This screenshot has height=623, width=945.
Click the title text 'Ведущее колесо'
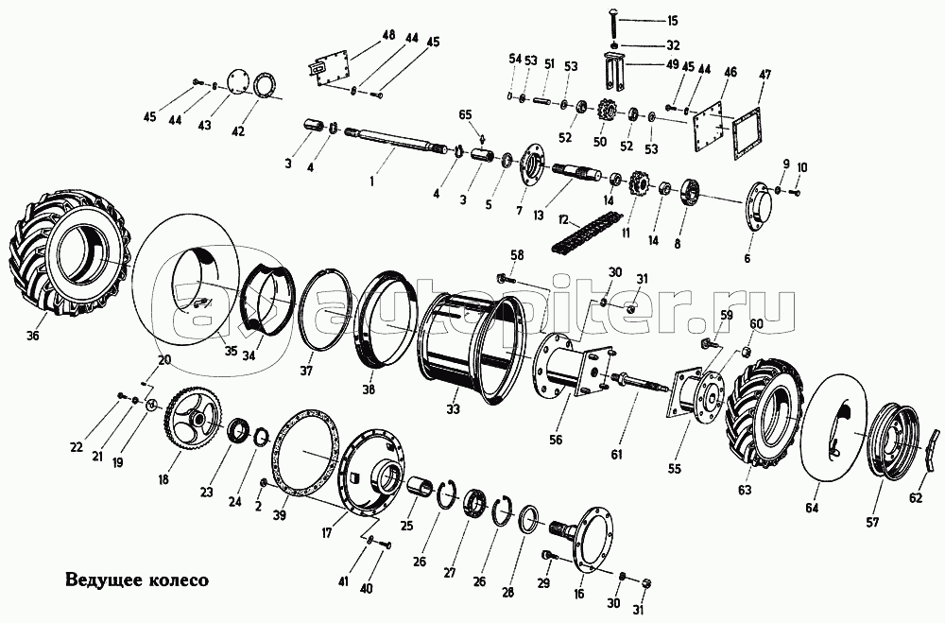click(136, 578)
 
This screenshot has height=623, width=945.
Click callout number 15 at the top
click(672, 20)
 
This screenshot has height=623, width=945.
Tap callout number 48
click(387, 35)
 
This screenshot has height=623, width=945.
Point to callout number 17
click(326, 532)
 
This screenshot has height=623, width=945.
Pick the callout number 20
click(165, 359)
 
